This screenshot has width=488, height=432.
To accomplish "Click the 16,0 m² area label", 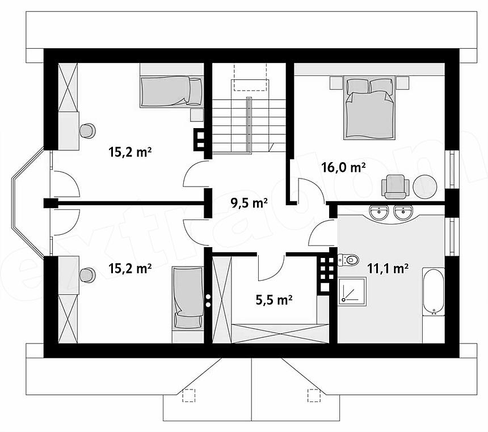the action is coord(344,168).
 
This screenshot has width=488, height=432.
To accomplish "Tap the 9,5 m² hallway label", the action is coord(249,203).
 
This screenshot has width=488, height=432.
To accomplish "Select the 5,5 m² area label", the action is coord(274,300).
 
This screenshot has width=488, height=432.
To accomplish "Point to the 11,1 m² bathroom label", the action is coord(388,268).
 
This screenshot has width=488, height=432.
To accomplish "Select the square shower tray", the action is coord(352,292).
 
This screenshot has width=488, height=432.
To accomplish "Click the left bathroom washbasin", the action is coord(380,213).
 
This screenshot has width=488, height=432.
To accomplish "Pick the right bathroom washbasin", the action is coord(403,213).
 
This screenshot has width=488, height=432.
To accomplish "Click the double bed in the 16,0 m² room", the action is coord(369,108).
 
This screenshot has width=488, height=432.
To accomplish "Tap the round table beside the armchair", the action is coord(425,187).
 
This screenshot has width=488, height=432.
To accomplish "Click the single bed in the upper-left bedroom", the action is coord(172,92).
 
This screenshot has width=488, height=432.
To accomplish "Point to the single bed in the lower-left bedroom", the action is coord(188,298).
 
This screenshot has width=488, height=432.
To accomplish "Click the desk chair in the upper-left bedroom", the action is coord(87,130).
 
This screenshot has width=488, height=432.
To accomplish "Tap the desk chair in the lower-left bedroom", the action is coord(87,276).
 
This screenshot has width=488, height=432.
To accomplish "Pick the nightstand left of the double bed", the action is coord(336,83).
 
